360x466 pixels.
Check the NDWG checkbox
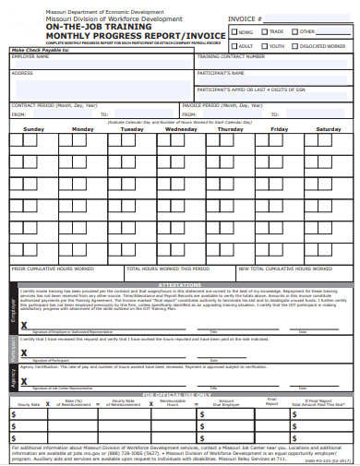click(234, 30)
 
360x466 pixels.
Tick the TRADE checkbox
click(264, 30)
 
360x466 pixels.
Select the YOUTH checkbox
click(264, 44)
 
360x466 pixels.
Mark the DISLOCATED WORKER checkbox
click(296, 44)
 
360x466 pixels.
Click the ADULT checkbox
click(234, 44)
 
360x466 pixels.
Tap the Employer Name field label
click(30, 56)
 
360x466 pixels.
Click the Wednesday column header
click(181, 129)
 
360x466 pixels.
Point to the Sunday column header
click(33, 129)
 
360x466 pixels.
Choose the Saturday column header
click(329, 129)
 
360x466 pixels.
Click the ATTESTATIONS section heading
click(180, 285)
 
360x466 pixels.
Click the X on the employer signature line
click(24, 326)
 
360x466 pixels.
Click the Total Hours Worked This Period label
click(169, 269)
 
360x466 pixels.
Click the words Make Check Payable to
click(40, 49)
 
